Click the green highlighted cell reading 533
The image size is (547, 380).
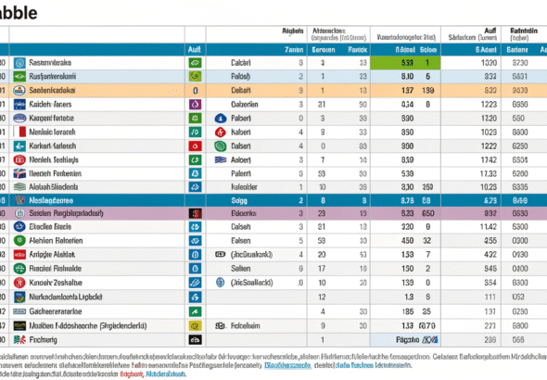tap(406, 61)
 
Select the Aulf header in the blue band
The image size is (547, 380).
tap(196, 48)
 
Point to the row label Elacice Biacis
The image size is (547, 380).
tap(55, 226)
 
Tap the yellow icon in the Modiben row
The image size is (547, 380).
tap(196, 325)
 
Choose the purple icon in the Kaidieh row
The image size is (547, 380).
tap(196, 104)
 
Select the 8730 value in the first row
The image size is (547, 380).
tap(519, 61)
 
